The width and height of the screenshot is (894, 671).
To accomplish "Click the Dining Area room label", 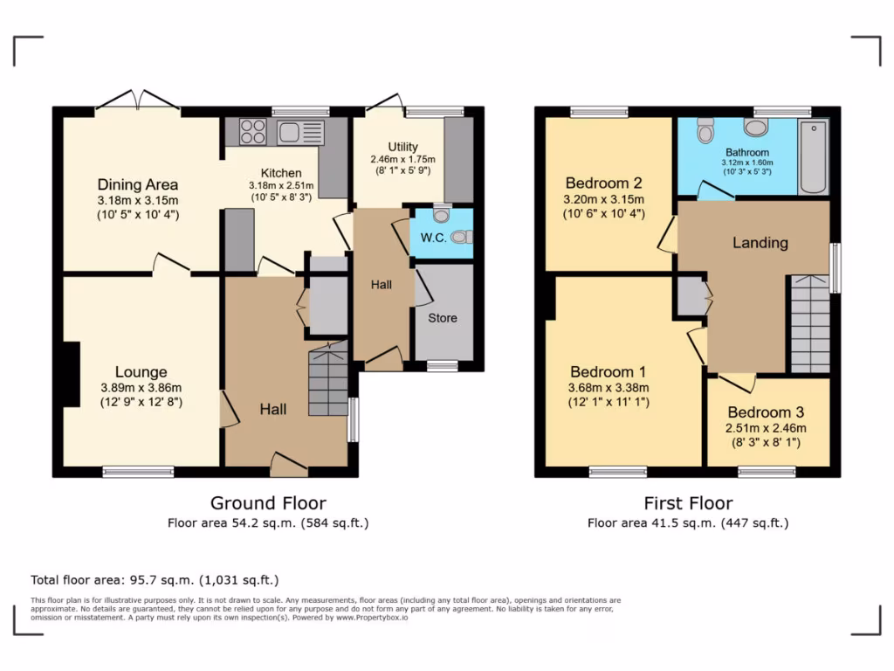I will click(x=138, y=184).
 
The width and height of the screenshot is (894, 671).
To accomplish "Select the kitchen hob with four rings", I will click(x=253, y=132).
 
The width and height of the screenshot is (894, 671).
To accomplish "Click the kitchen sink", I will click(x=290, y=133).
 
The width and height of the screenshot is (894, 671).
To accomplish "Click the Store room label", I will click(x=442, y=318).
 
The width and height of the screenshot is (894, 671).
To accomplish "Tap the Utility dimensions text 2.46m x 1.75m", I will click(x=402, y=160).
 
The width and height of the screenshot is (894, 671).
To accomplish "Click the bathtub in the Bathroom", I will click(x=814, y=158).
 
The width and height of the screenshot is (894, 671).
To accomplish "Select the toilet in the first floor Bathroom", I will click(x=705, y=131).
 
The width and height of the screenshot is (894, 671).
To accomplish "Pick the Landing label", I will click(x=760, y=243).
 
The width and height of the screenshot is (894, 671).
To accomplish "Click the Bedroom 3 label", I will click(x=766, y=412).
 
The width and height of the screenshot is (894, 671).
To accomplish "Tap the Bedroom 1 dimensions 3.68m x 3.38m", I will click(x=609, y=388).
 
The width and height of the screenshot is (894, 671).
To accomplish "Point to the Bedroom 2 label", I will click(x=604, y=183).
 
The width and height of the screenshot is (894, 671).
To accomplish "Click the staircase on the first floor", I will click(x=809, y=324).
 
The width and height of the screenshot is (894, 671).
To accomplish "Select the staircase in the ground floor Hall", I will click(x=328, y=383).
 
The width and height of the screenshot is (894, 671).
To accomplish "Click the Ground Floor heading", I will click(x=268, y=503).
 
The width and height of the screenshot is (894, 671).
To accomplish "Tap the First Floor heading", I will click(x=688, y=503).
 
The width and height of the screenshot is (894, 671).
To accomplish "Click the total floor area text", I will click(x=155, y=579).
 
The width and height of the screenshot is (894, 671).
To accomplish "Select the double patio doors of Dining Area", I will click(x=138, y=101).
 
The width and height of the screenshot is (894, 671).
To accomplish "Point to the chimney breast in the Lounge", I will click(x=71, y=373).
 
